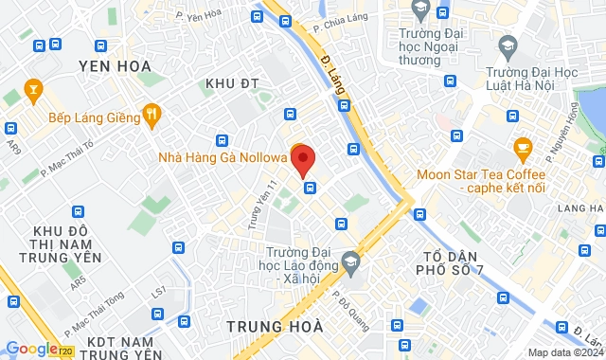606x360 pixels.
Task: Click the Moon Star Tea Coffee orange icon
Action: (x=521, y=149)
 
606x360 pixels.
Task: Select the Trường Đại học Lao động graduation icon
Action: (x=351, y=260)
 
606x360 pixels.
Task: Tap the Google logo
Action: (x=31, y=349)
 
